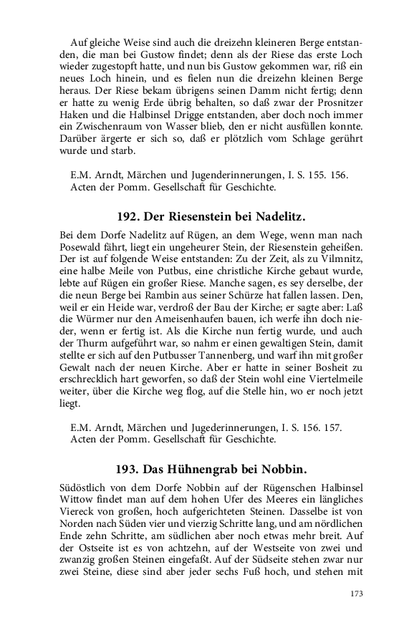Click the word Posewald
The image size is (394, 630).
pos(80,246)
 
